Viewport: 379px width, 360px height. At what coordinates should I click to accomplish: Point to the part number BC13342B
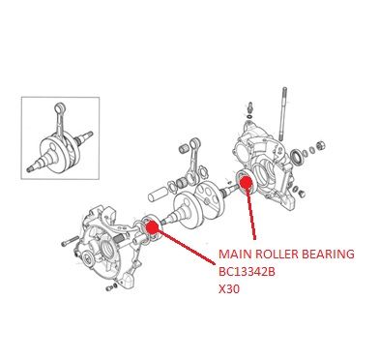point(247,272)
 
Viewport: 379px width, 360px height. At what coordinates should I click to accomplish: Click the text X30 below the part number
point(229,289)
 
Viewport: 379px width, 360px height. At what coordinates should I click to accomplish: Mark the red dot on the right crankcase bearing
point(247,182)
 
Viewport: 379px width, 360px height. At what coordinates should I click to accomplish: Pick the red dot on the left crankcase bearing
point(152,226)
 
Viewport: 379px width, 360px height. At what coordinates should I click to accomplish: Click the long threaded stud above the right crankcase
point(283,113)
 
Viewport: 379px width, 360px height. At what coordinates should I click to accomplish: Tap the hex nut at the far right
point(320,145)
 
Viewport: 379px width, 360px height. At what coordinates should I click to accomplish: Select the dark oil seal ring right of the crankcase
point(297,157)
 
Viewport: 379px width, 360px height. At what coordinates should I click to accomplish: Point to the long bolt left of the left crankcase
point(70,241)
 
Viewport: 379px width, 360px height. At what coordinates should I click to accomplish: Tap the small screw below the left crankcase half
point(110,287)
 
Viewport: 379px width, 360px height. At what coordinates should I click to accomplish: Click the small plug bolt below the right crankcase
point(302,194)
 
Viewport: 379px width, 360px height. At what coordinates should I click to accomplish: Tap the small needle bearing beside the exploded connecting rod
point(183,149)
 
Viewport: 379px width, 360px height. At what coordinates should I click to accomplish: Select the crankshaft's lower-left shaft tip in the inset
point(29,168)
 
